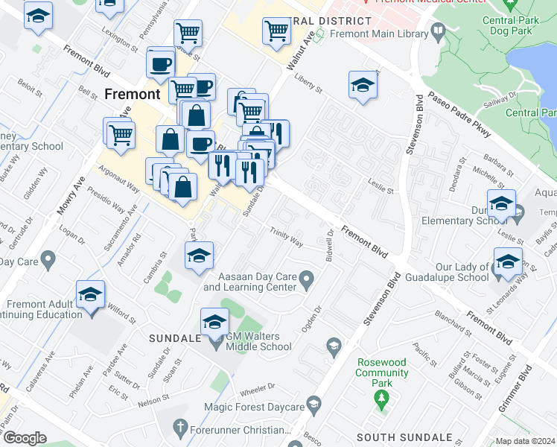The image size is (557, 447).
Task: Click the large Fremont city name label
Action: click(133, 95)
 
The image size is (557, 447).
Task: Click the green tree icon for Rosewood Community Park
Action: click(382, 400)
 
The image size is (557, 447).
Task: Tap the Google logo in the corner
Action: click(25, 438)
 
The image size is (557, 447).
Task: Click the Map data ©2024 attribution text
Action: click(525, 441)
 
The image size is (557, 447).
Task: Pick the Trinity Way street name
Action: click(286, 238)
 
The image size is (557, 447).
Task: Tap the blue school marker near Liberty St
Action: click(362, 86)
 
